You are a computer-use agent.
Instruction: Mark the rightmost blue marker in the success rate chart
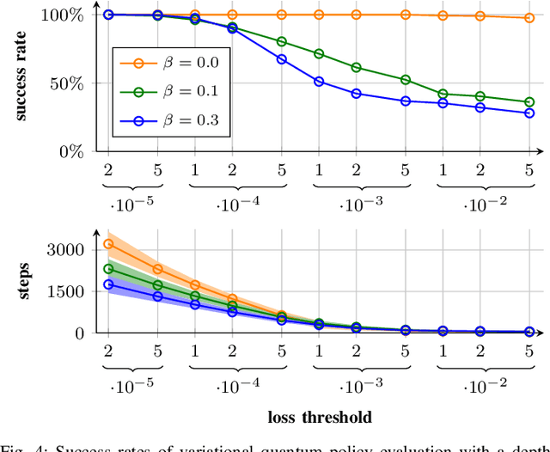click(529, 113)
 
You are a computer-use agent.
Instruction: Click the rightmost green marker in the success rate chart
click(529, 102)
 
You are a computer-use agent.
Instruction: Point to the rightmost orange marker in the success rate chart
click(529, 18)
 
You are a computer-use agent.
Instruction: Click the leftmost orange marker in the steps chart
click(108, 244)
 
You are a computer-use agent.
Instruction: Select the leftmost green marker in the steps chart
click(108, 269)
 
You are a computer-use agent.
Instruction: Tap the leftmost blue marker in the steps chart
click(108, 284)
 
